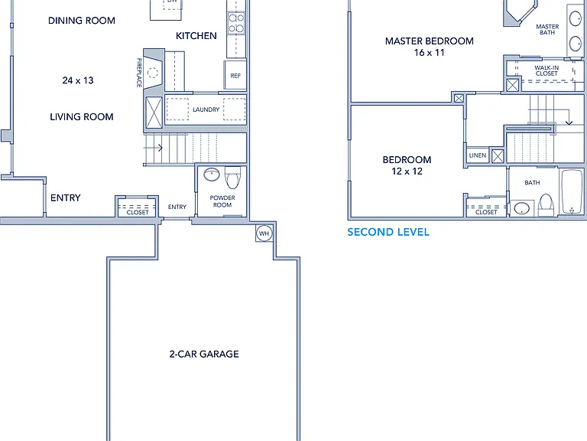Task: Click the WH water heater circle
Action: click(x=264, y=234)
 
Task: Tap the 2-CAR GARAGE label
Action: click(x=204, y=354)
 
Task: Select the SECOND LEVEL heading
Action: click(x=388, y=232)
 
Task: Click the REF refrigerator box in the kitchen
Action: click(x=235, y=75)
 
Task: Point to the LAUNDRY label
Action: click(x=206, y=109)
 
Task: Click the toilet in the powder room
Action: click(x=233, y=178)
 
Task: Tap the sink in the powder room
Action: click(x=212, y=175)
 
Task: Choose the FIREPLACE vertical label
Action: click(x=139, y=73)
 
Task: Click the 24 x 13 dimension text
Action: click(x=78, y=80)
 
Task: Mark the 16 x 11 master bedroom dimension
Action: click(x=429, y=53)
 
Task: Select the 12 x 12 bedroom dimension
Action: click(x=407, y=171)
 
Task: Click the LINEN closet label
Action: click(x=477, y=155)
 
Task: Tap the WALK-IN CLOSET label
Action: click(x=546, y=70)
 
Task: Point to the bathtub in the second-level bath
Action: click(x=572, y=191)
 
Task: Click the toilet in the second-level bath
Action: click(x=546, y=205)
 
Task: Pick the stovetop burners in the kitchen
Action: click(x=236, y=23)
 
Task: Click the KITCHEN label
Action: click(x=196, y=36)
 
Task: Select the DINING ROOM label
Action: click(x=82, y=21)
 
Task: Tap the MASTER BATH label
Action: click(x=547, y=30)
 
